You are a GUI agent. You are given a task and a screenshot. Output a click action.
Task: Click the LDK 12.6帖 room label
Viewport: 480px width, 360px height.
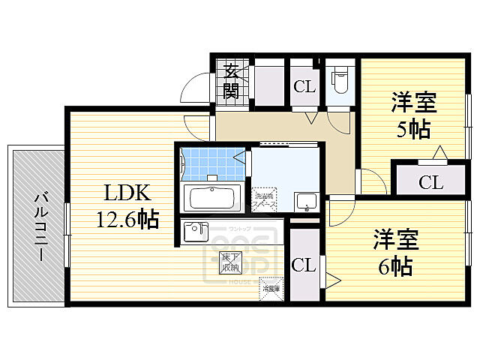(x=126, y=205)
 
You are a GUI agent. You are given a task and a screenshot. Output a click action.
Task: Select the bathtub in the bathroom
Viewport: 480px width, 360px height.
(x=212, y=199)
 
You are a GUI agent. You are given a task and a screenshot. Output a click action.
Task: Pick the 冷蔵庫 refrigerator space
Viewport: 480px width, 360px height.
(x=271, y=287)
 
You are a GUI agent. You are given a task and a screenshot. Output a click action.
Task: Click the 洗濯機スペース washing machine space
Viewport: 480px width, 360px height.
(x=263, y=198)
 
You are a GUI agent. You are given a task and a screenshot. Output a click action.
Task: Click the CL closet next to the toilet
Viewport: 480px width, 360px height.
(x=304, y=85)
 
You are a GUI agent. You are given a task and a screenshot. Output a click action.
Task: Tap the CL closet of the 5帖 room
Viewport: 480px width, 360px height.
(x=430, y=181)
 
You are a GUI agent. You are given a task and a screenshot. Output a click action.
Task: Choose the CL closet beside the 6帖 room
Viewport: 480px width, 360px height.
(x=303, y=264)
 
